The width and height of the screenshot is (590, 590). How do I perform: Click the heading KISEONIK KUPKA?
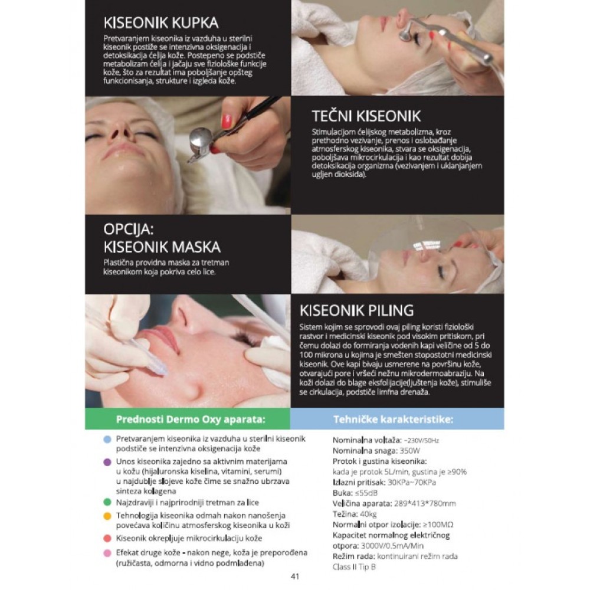pyautogui.click(x=160, y=22)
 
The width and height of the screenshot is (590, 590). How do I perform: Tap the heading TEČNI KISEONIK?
pyautogui.click(x=366, y=116)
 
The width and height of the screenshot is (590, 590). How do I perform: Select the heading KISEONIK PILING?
pyautogui.click(x=356, y=310)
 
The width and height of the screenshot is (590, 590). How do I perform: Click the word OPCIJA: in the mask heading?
pyautogui.click(x=129, y=229)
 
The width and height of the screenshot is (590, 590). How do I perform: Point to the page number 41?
pyautogui.click(x=295, y=576)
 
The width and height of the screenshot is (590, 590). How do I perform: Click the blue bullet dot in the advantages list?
pyautogui.click(x=107, y=439)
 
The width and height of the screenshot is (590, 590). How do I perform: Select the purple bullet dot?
pyautogui.click(x=107, y=462)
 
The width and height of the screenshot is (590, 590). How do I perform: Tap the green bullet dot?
pyautogui.click(x=107, y=502)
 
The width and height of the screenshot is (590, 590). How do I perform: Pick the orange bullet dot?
pyautogui.click(x=107, y=516)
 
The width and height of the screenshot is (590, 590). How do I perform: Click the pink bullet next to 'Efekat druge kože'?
pyautogui.click(x=107, y=553)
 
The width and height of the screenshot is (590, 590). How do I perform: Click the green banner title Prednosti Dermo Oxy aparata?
pyautogui.click(x=191, y=419)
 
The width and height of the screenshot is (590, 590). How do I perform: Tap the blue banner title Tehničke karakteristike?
pyautogui.click(x=393, y=419)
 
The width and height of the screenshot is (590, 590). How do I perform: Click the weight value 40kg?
pyautogui.click(x=368, y=514)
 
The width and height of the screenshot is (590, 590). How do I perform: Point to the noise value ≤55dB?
pyautogui.click(x=366, y=493)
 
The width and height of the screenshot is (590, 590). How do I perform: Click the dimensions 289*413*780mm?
pyautogui.click(x=425, y=503)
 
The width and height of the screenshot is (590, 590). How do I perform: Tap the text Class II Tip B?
pyautogui.click(x=354, y=566)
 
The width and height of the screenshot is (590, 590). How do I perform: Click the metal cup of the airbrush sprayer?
pyautogui.click(x=200, y=140)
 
